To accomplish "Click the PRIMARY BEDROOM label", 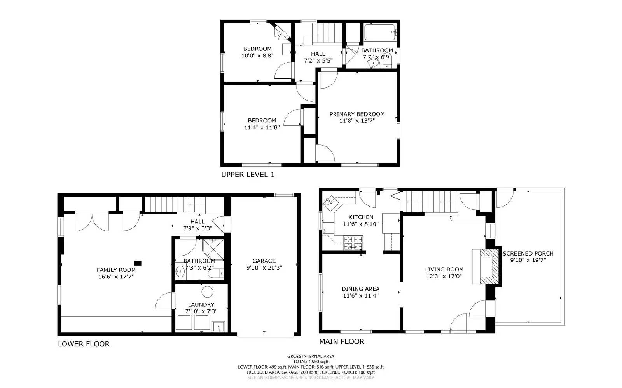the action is pos(357,114).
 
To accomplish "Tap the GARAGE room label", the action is pos(264,261).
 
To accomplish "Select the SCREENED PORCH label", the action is pos(528,253).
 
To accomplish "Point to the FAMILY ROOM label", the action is pos(116,270).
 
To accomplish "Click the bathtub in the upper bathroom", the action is pos(379,33).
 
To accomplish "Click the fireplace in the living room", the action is pos(486,266).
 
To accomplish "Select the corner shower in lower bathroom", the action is pos(213,249).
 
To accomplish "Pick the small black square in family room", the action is pos(138,263).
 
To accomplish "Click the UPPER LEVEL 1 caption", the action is pos(247,174).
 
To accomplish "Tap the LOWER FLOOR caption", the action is pos(84,344).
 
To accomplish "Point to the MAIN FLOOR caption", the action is pos(342,341).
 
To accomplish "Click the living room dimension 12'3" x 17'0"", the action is pos(444,276).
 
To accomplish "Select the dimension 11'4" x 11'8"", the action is pos(262,127).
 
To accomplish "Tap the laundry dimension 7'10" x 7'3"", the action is pos(201,311).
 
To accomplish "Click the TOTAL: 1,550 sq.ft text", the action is pos(311,361).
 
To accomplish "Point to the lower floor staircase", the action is pos(175,204).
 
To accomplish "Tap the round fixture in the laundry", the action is pos(207,292).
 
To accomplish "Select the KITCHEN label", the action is pos(361,217).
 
